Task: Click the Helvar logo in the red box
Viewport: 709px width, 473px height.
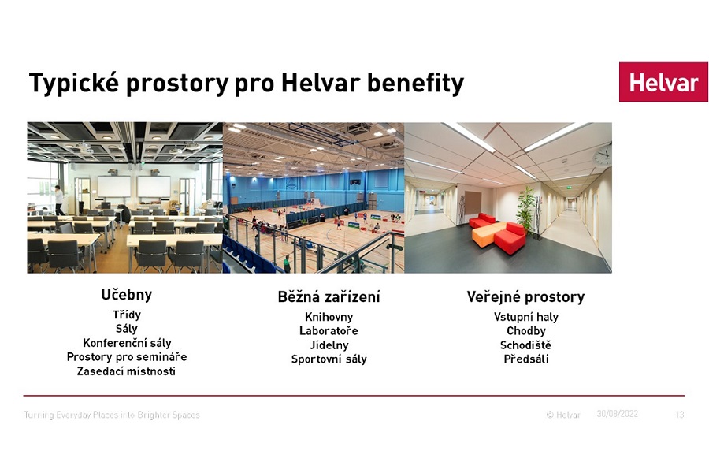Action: (663, 82)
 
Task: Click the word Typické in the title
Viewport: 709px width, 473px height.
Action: (74, 84)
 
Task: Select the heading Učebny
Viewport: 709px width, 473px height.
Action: (127, 295)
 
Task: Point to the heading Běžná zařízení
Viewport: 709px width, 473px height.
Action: (329, 297)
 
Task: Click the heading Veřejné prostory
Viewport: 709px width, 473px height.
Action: (526, 297)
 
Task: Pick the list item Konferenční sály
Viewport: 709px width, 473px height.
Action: (127, 343)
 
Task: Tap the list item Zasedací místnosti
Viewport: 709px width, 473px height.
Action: (126, 371)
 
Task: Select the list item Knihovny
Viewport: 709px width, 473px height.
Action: (329, 317)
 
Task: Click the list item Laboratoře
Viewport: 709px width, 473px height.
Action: (329, 331)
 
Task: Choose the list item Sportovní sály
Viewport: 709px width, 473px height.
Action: (329, 359)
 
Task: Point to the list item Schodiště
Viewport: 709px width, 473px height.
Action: (526, 345)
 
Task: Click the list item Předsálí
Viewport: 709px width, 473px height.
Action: (526, 359)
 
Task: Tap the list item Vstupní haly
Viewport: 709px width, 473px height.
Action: (526, 317)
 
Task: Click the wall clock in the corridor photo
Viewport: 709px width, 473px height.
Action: (603, 156)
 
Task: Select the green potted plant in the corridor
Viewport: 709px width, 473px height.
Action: (526, 208)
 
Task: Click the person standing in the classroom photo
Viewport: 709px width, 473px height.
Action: (59, 200)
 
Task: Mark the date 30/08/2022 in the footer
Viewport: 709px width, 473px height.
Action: (617, 414)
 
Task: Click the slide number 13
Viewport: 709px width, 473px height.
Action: (680, 415)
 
